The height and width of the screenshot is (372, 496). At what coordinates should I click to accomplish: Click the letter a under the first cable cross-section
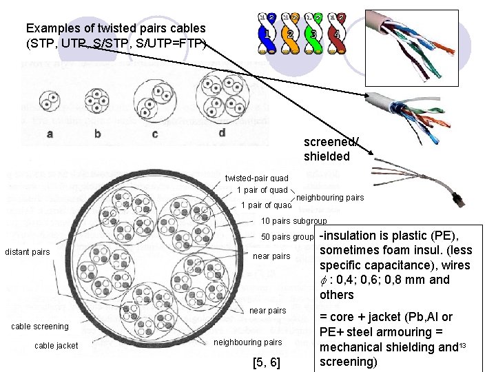pyautogui.click(x=50, y=134)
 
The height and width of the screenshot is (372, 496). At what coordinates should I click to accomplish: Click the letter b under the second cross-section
pyautogui.click(x=97, y=134)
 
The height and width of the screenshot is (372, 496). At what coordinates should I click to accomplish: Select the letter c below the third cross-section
pyautogui.click(x=154, y=134)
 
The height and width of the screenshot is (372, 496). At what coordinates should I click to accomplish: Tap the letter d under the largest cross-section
pyautogui.click(x=222, y=132)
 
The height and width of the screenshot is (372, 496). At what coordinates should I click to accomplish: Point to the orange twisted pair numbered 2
pyautogui.click(x=290, y=34)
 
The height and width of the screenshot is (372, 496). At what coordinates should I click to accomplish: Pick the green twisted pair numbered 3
pyautogui.click(x=313, y=34)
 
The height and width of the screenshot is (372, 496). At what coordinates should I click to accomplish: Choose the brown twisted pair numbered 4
pyautogui.click(x=337, y=34)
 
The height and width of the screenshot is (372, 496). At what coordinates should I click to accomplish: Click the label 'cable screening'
pyautogui.click(x=41, y=327)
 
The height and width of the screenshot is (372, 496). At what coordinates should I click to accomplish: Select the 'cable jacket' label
pyautogui.click(x=56, y=346)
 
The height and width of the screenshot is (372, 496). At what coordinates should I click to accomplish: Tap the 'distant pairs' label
pyautogui.click(x=27, y=252)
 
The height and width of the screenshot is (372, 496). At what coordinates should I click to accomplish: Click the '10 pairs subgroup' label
pyautogui.click(x=294, y=222)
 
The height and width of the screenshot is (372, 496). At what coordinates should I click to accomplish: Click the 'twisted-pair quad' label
pyautogui.click(x=257, y=178)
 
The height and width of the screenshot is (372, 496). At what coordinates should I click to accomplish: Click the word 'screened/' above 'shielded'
pyautogui.click(x=331, y=142)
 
